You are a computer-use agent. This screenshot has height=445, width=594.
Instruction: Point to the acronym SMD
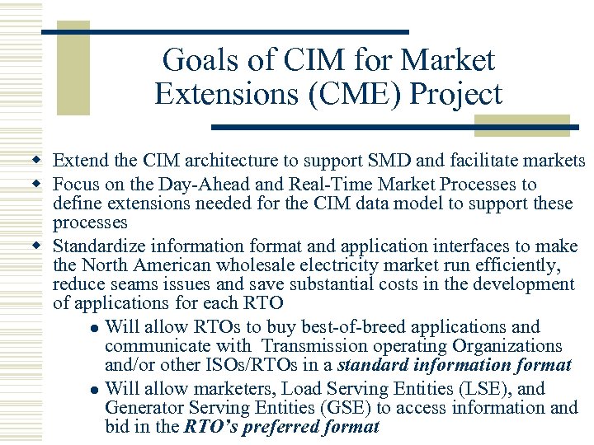click(372, 161)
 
